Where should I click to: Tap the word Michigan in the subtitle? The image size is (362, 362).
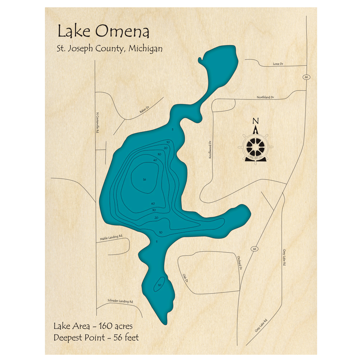145,49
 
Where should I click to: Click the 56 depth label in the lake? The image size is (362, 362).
144,180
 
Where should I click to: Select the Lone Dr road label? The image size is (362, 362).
278,64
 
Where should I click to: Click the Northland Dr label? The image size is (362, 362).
265,97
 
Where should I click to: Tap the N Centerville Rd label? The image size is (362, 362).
97,122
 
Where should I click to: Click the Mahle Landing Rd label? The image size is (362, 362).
111,237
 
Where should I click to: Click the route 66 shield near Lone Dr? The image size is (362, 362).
306,77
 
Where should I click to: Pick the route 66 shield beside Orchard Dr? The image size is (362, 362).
255,249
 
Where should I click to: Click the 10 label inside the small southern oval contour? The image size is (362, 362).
160,285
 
